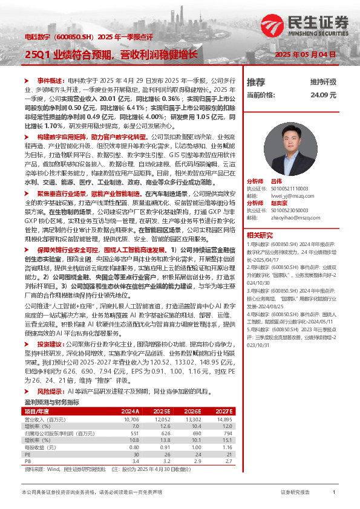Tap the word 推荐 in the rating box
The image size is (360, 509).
tap(256, 82)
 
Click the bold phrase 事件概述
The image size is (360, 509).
tap(50, 80)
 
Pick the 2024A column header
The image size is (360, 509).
tap(131, 410)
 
